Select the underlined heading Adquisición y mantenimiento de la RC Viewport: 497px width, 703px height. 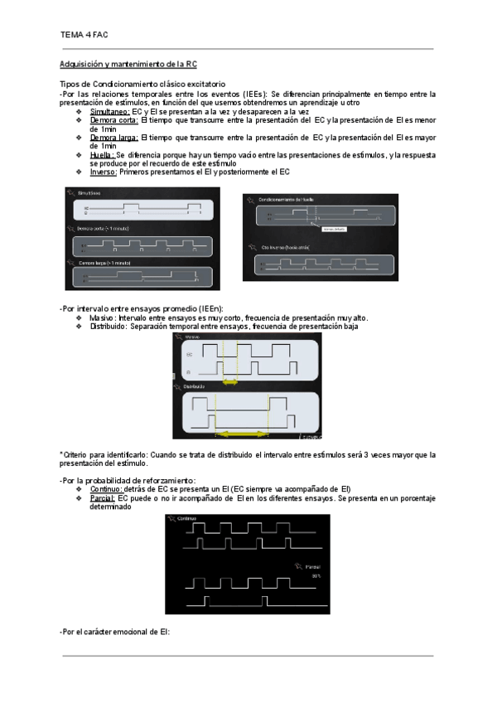pyautogui.click(x=128, y=64)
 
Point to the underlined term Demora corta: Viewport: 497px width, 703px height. pyautogui.click(x=114, y=120)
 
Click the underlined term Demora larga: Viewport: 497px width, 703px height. pyautogui.click(x=114, y=138)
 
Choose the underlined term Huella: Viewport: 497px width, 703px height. pyautogui.click(x=102, y=155)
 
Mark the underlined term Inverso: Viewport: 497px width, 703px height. pyautogui.click(x=104, y=172)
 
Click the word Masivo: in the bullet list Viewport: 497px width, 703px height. pyautogui.click(x=103, y=318)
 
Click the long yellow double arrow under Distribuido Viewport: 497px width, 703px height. pyautogui.click(x=243, y=434)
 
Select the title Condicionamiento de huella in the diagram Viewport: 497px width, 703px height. pyautogui.click(x=286, y=200)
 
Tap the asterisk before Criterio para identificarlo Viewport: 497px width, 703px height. pyautogui.click(x=62, y=455)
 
